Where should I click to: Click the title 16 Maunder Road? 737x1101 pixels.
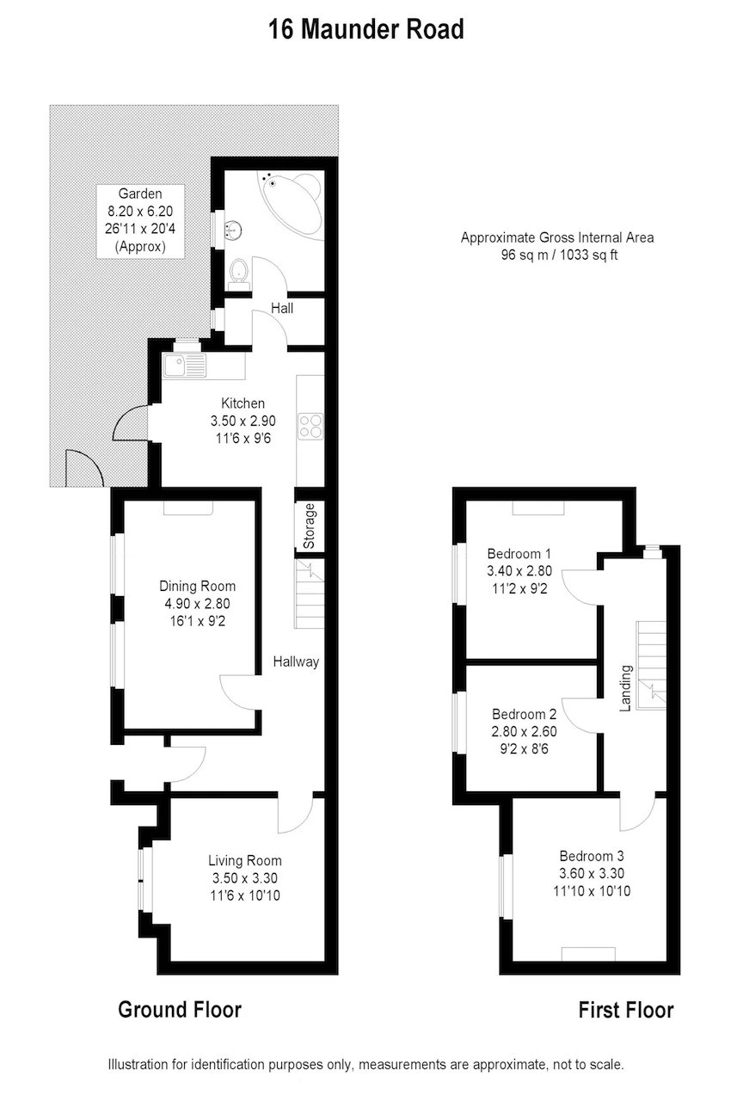pos(366,29)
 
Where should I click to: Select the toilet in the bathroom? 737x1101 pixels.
pos(239,273)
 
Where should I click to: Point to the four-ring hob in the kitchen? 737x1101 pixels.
pos(310,426)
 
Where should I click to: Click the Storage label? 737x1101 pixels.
pos(309,526)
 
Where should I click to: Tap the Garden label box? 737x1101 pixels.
pos(140,219)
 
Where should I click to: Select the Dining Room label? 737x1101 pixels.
pos(197,587)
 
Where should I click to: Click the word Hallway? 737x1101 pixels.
pos(296,661)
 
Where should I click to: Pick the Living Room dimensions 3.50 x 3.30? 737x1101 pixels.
pos(244,878)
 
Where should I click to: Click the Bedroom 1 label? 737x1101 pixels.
pos(519,553)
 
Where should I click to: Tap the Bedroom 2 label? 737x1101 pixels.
pos(524,714)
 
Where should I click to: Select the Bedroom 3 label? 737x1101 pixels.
pos(591,856)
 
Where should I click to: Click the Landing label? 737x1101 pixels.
pos(626,688)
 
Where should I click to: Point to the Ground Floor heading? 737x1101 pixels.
pos(179,1009)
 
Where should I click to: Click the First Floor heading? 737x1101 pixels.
pos(625,1010)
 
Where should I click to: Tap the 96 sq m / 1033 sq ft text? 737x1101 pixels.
pos(557,255)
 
